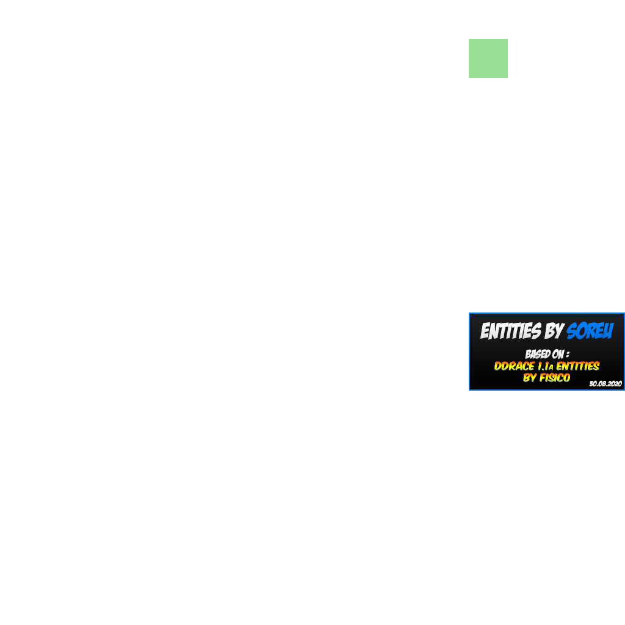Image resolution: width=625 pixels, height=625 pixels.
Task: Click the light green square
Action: [488, 59]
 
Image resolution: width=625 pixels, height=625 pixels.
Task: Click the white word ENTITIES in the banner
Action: [511, 331]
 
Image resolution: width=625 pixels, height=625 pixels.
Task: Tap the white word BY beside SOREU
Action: [554, 331]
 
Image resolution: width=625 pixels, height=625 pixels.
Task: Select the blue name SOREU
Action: [590, 331]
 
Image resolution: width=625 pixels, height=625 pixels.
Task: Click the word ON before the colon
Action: [558, 354]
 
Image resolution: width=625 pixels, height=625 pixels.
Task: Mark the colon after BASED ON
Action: [568, 355]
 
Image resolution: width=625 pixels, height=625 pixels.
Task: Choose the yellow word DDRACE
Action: [514, 366]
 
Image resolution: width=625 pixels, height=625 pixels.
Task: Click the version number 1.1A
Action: [545, 366]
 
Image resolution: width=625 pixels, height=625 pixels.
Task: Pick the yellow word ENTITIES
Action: [578, 366]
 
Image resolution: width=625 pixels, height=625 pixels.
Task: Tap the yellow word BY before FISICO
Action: [530, 377]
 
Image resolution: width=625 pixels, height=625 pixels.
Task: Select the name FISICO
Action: [555, 377]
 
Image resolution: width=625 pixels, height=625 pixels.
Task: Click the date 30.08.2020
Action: [605, 383]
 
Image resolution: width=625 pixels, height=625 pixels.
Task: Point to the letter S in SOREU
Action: [572, 331]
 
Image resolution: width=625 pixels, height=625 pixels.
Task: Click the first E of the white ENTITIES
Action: [485, 331]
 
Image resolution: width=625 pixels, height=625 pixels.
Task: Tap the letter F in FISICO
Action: [543, 377]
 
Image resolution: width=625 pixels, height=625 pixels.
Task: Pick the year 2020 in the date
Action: [615, 383]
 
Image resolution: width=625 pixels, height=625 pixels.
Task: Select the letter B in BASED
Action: [528, 355]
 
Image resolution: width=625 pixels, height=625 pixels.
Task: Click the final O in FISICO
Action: [567, 377]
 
